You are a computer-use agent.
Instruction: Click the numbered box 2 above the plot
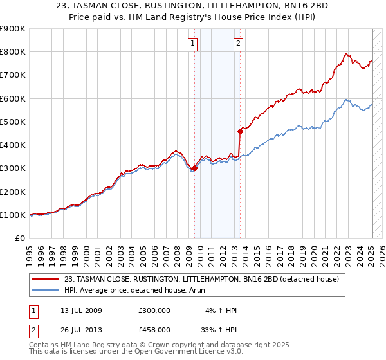coord(238,44)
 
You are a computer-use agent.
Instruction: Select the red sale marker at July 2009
coord(194,168)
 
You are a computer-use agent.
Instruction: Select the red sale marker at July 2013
coord(240,131)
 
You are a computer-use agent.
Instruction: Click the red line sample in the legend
coord(46,278)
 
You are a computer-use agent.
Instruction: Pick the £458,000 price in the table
coord(154,330)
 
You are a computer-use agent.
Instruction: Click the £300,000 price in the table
coord(154,310)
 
